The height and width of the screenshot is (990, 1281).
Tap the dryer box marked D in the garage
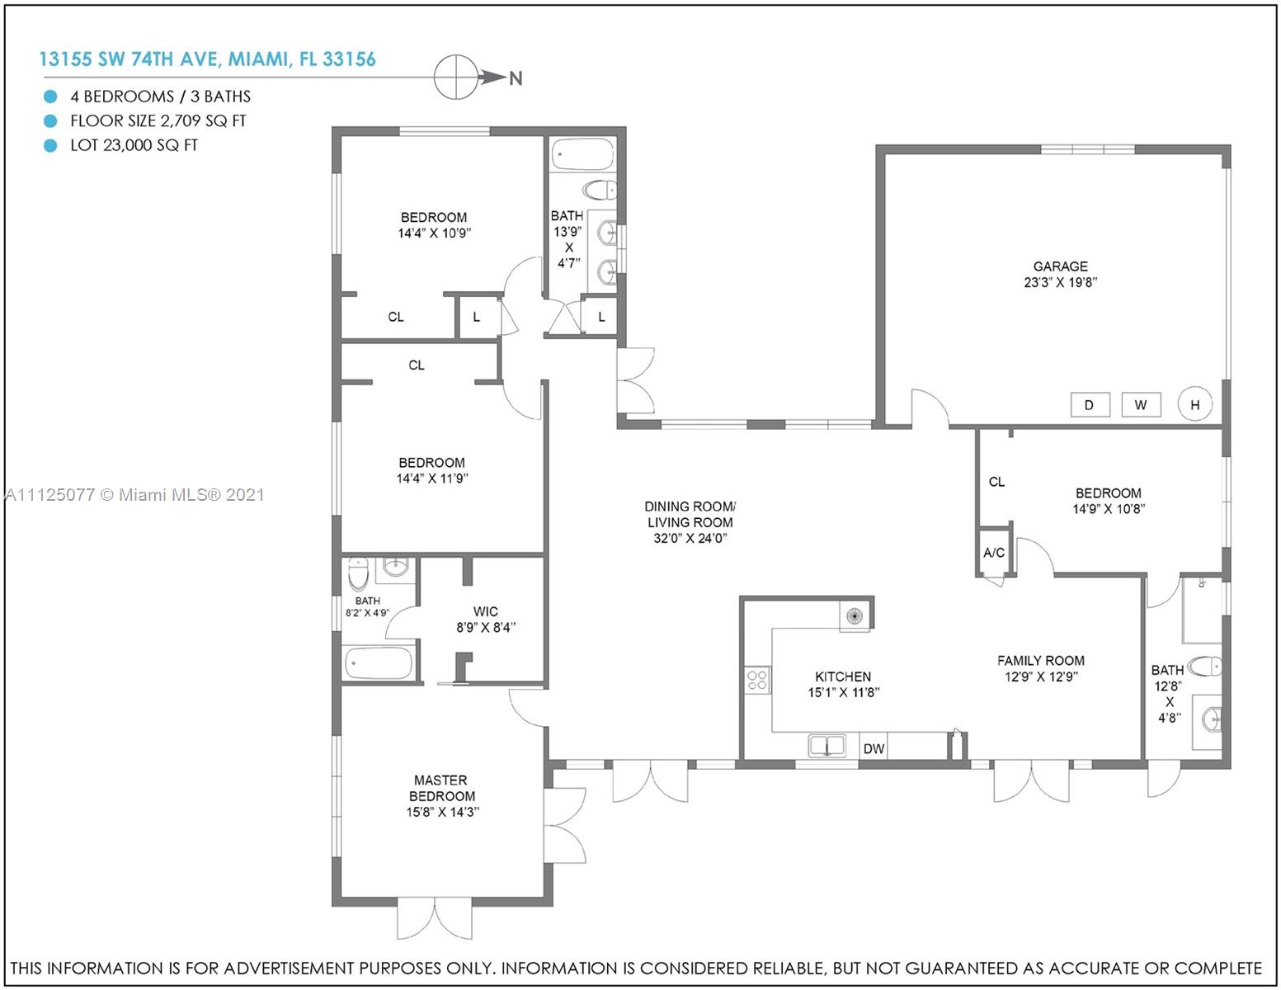(x=1090, y=405)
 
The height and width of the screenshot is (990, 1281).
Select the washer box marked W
(x=1141, y=405)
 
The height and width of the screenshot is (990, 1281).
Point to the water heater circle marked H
(x=1195, y=404)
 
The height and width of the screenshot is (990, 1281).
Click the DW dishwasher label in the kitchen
(x=874, y=749)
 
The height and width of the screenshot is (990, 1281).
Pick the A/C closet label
(x=994, y=553)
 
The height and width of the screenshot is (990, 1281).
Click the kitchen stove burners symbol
(x=757, y=680)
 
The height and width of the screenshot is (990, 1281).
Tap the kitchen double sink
(x=827, y=745)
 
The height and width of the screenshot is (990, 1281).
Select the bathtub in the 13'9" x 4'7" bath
(x=583, y=154)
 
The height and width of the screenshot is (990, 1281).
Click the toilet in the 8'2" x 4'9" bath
(x=358, y=574)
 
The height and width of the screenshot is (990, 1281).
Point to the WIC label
(x=485, y=611)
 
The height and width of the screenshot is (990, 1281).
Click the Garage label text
(x=1061, y=266)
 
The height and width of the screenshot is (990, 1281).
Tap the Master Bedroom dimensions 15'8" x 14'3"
(x=442, y=812)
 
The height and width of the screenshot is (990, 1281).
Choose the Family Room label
(x=1041, y=660)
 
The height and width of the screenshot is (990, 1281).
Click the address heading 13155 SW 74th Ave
(x=207, y=59)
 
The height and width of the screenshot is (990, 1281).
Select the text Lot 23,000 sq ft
(x=134, y=145)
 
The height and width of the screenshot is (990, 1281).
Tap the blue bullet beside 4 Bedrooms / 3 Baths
(x=50, y=96)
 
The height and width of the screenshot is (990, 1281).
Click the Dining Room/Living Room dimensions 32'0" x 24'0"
(x=690, y=538)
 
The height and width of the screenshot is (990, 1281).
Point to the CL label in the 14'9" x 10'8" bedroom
(x=996, y=482)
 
